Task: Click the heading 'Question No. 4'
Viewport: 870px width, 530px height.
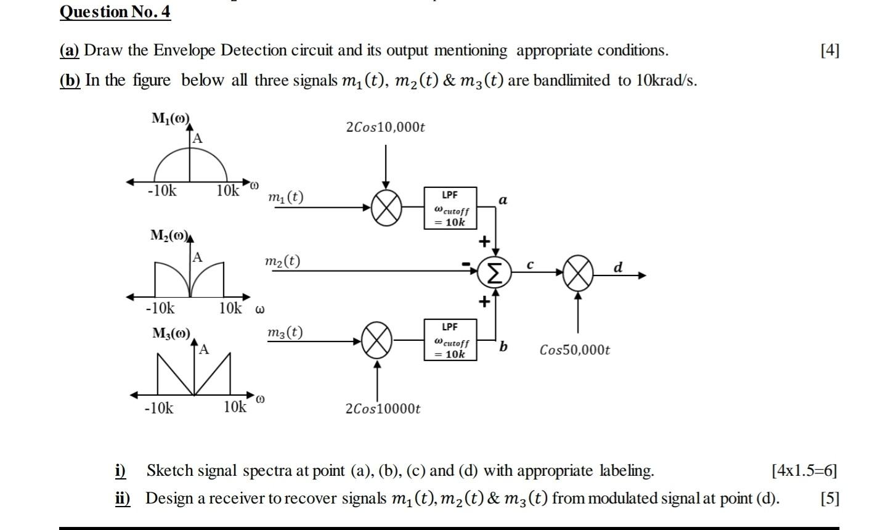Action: click(115, 12)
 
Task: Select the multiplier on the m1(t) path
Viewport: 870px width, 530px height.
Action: click(386, 207)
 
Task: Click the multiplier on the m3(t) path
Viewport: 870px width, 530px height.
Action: click(377, 340)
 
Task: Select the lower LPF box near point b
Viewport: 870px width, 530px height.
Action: click(450, 340)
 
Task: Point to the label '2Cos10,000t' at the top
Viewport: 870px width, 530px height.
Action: click(386, 128)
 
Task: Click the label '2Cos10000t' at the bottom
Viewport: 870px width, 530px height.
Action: click(383, 409)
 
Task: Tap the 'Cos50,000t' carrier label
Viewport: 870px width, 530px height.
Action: click(574, 350)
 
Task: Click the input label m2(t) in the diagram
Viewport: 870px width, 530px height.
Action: click(282, 261)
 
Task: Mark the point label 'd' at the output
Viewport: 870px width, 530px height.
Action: click(619, 267)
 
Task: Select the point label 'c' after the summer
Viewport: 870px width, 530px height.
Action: click(529, 265)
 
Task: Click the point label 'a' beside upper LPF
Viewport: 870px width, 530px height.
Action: click(503, 200)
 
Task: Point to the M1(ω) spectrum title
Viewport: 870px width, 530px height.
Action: click(171, 119)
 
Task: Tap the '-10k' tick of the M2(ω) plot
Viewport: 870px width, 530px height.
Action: click(160, 308)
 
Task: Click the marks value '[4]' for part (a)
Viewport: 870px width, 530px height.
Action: click(829, 51)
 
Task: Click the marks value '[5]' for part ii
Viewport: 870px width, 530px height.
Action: click(829, 498)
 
